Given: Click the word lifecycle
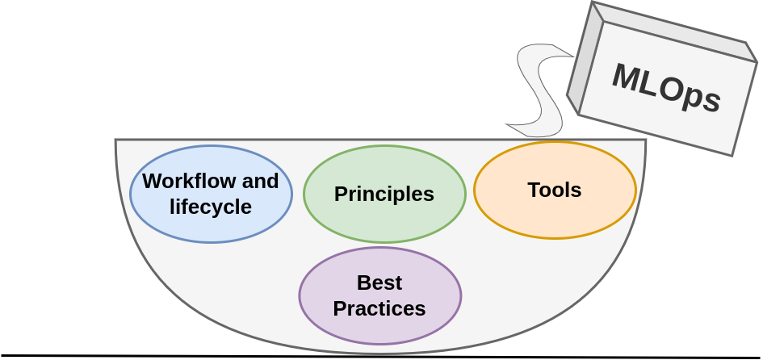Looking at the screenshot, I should tap(211, 207).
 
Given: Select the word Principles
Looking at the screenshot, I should tap(384, 195).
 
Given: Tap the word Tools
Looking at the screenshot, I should tap(555, 190).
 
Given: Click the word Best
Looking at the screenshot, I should tap(379, 283).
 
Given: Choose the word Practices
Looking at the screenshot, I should tap(379, 308).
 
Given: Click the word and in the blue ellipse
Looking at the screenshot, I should tap(260, 181).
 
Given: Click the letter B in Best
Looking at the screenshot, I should tap(363, 283).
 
